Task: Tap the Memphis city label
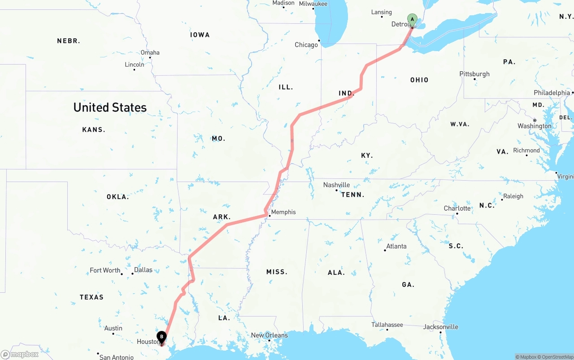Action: (x=283, y=212)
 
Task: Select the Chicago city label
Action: (x=306, y=45)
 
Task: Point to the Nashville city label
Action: (x=336, y=185)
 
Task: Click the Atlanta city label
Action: (x=396, y=246)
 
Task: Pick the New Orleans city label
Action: (x=269, y=335)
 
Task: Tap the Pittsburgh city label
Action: (x=474, y=74)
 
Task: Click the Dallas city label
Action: (x=143, y=270)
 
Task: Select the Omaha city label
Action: (x=150, y=52)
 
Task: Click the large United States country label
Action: (x=110, y=108)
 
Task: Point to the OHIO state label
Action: (x=419, y=80)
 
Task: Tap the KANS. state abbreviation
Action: (x=94, y=130)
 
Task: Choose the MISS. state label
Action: (x=277, y=272)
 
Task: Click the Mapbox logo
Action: (x=20, y=354)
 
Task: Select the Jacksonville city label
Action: (x=441, y=327)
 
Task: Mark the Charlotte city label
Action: (x=457, y=208)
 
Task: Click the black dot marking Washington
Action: (x=535, y=120)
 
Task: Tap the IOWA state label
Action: (x=200, y=35)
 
